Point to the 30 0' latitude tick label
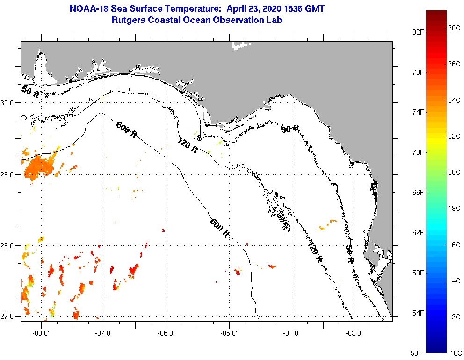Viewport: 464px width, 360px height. click(9, 102)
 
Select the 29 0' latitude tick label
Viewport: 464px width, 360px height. click(9, 174)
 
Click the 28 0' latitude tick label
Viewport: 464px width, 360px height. click(9, 245)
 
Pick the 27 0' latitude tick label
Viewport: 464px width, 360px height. click(9, 316)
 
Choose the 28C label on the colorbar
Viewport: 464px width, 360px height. click(454, 28)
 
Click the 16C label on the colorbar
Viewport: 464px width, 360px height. click(454, 245)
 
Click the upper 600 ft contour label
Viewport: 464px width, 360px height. click(126, 130)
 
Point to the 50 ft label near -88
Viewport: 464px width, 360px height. click(30, 92)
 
